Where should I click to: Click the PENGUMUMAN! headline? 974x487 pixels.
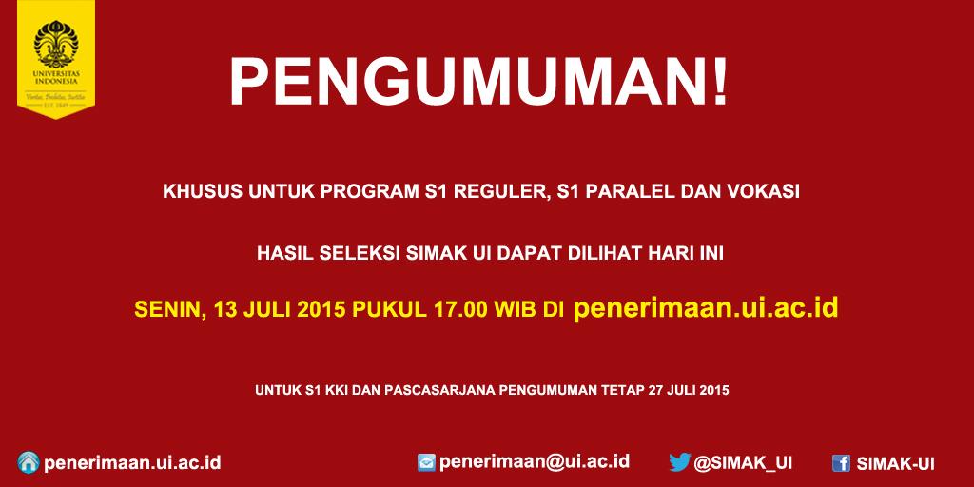coord(479,84)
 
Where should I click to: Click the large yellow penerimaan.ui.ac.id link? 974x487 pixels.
coord(705,309)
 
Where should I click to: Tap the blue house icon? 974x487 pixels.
coord(29,462)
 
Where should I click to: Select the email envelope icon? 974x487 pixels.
coord(427,463)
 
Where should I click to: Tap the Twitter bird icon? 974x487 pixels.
coord(678,463)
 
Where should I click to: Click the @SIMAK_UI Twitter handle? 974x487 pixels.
coord(743,463)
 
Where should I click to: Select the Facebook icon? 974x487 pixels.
coord(841,463)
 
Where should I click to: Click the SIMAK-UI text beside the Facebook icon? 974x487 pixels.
coord(895,463)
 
